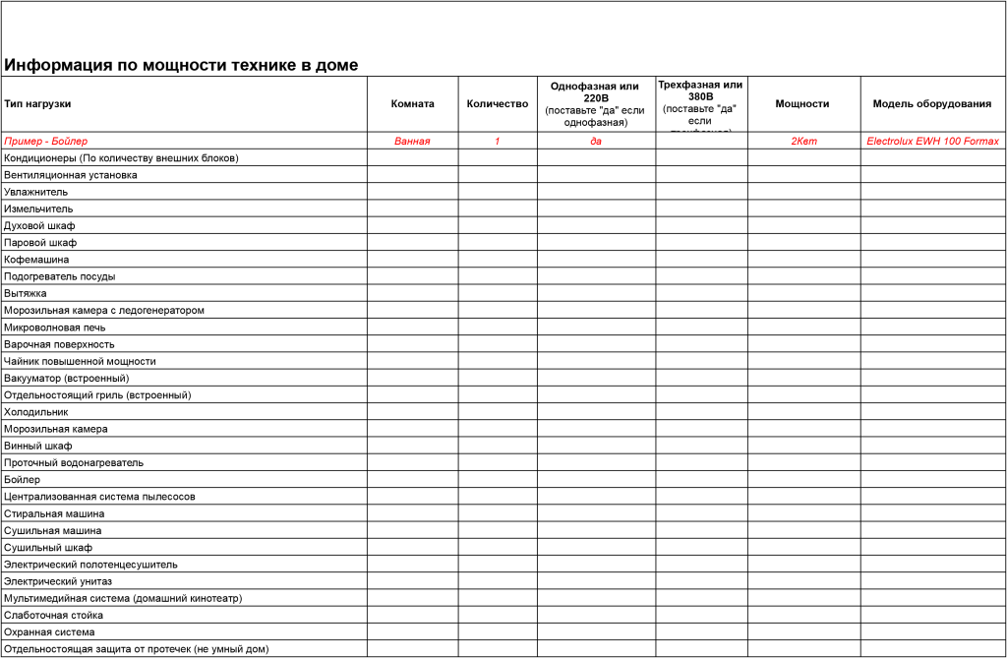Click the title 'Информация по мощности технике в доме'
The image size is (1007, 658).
[x=181, y=66]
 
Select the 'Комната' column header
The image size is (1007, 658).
[x=412, y=103]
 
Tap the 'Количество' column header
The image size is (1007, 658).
[x=497, y=103]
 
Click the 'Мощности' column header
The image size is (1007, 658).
[x=801, y=103]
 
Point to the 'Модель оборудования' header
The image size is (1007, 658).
[x=932, y=103]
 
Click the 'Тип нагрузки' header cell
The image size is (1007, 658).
[x=37, y=103]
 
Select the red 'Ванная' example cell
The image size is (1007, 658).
[x=412, y=141]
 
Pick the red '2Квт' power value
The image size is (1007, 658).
[x=803, y=141]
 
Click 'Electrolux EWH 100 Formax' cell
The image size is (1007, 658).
[x=932, y=141]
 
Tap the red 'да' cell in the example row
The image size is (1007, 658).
[x=596, y=141]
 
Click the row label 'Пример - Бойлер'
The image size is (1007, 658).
[x=45, y=141]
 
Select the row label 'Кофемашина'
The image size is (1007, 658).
[x=36, y=260]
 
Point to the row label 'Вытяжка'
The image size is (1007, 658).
[x=26, y=293]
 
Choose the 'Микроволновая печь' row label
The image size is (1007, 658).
[x=55, y=328]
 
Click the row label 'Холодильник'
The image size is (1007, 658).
[x=36, y=412]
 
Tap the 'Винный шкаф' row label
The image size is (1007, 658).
[x=38, y=446]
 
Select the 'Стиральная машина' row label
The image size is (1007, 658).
[x=54, y=513]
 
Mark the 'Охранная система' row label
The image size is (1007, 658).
[x=49, y=631]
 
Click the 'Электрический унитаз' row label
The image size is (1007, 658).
[x=58, y=581]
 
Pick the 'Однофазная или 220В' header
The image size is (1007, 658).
[x=595, y=91]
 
